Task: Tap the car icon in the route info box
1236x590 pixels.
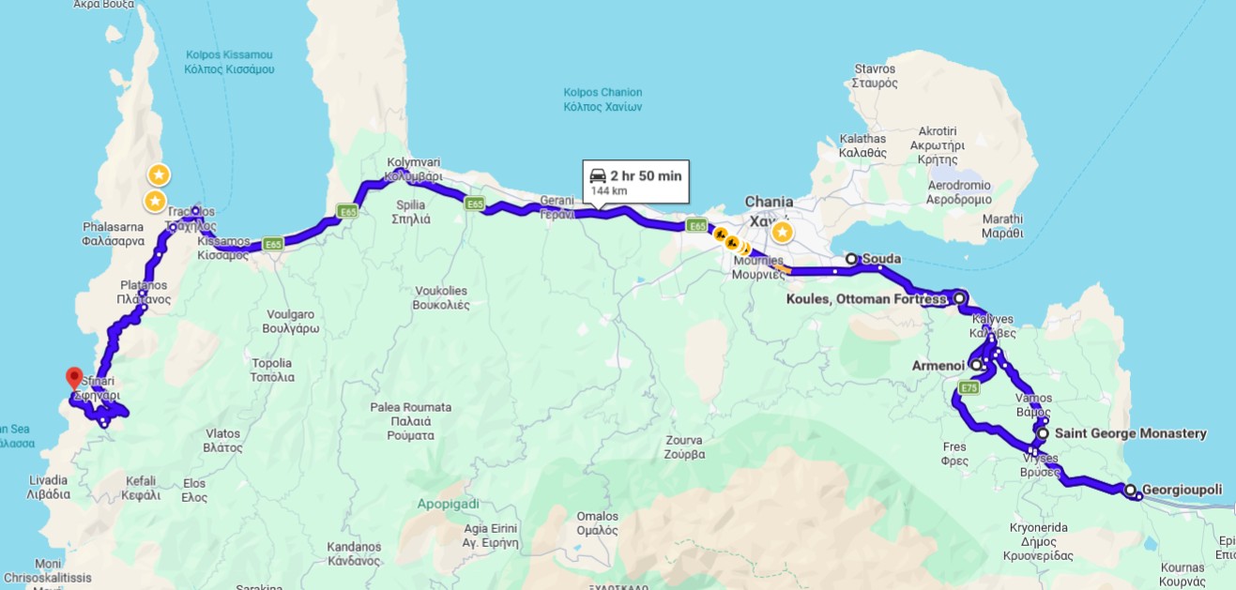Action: pyautogui.click(x=597, y=175)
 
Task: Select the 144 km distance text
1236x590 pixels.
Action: pyautogui.click(x=608, y=191)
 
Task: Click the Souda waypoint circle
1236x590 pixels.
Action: pyautogui.click(x=851, y=259)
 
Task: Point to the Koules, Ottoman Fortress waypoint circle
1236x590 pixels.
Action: pyautogui.click(x=959, y=298)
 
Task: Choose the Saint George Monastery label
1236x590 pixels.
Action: pyautogui.click(x=1130, y=433)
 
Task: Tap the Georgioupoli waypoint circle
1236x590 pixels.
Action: pyautogui.click(x=1130, y=490)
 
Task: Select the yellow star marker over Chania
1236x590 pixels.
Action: pyautogui.click(x=781, y=232)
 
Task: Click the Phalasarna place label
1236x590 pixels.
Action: pyautogui.click(x=114, y=234)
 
